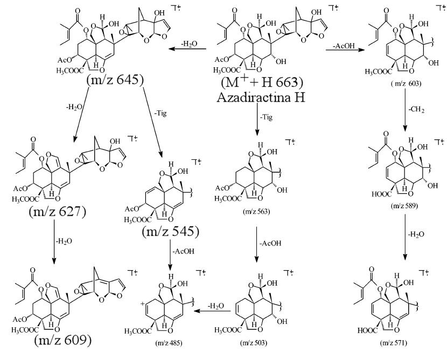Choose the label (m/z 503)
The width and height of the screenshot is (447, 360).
pyautogui.click(x=259, y=343)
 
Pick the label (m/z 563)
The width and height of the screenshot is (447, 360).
pyautogui.click(x=257, y=212)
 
